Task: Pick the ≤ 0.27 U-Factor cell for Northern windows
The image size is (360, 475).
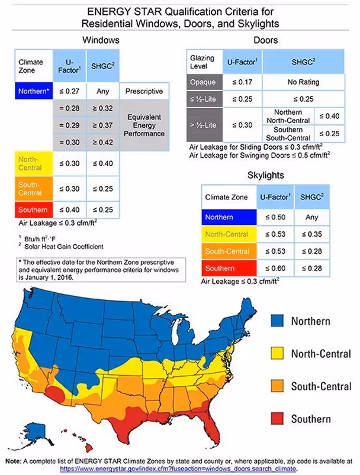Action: pyautogui.click(x=70, y=92)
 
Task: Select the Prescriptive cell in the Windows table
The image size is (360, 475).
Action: pyautogui.click(x=144, y=92)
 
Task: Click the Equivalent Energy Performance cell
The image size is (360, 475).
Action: pyautogui.click(x=144, y=125)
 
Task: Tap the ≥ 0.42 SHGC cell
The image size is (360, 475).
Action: pyautogui.click(x=102, y=142)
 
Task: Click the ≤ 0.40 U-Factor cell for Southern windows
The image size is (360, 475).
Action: pyautogui.click(x=70, y=210)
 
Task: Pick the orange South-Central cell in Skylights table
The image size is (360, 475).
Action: pyautogui.click(x=228, y=251)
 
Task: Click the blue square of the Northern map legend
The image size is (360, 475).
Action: pyautogui.click(x=278, y=321)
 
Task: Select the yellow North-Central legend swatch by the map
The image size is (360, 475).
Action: pyautogui.click(x=278, y=354)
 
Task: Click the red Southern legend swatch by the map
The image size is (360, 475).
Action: pyautogui.click(x=278, y=419)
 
